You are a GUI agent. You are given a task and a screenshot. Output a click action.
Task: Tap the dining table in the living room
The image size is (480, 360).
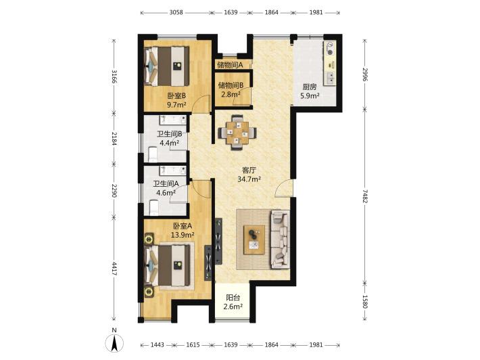point(237,133)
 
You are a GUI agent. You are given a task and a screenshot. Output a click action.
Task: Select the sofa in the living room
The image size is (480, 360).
point(280,240)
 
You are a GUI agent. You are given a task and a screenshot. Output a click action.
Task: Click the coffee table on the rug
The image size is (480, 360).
point(254,240)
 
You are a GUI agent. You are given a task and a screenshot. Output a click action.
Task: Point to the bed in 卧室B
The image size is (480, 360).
point(167,66)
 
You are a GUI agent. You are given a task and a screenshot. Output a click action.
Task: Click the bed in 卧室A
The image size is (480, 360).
point(168,265)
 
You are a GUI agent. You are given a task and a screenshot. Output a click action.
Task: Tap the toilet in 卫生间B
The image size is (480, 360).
point(152,154)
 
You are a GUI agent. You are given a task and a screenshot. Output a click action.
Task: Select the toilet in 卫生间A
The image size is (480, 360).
point(153,208)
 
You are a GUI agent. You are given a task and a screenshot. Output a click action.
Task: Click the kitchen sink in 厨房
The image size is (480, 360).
point(330,78)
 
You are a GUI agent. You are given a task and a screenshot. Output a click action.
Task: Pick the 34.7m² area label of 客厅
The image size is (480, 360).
point(249,179)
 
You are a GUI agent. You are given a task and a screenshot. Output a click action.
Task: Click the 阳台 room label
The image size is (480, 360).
point(233,297)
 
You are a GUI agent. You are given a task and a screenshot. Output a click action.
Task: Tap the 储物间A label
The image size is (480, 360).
point(230,65)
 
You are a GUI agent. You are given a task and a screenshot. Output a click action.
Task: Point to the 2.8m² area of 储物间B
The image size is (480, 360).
point(231,94)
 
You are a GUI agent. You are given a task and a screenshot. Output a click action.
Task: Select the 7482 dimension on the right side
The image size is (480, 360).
point(365,196)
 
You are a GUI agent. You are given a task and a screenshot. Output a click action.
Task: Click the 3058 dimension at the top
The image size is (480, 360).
point(176,12)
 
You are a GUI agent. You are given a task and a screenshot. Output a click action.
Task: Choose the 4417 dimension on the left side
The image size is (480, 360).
point(114,268)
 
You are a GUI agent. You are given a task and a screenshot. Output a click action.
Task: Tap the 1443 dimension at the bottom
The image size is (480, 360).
point(158,344)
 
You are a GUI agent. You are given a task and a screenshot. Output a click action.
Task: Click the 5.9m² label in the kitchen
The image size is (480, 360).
point(310,95)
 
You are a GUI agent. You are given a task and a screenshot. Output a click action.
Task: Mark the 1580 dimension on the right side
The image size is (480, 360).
point(365,302)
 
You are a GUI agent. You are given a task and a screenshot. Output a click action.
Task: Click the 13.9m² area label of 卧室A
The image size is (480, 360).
point(183,235)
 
